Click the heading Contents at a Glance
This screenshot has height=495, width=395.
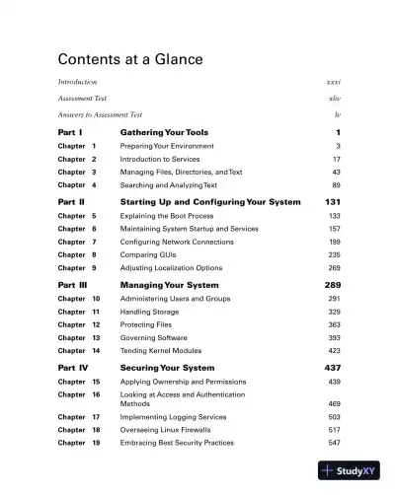130,60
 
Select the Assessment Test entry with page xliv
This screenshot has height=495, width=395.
82,99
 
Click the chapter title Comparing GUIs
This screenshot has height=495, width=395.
153,254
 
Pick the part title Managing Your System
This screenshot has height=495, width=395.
169,284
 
